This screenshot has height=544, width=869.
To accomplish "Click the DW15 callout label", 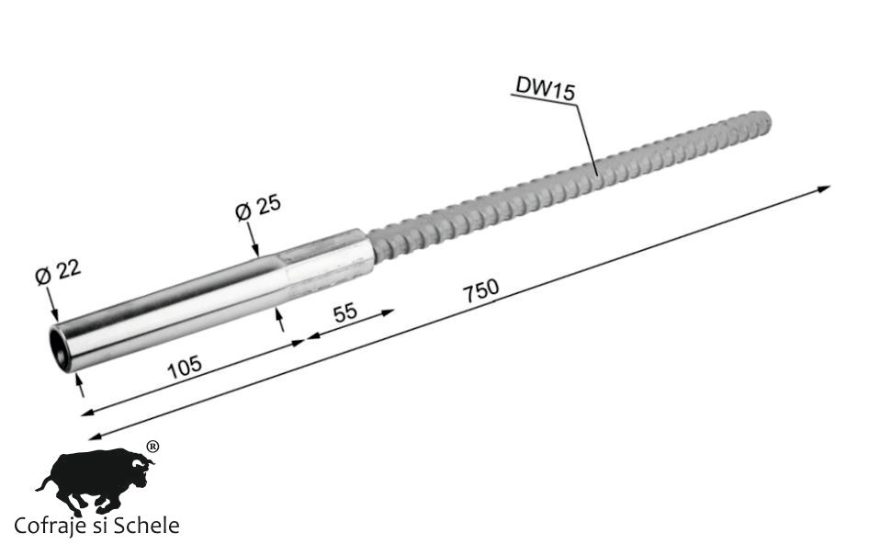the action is (x=546, y=88).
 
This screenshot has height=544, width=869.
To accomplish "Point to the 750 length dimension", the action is (x=481, y=290).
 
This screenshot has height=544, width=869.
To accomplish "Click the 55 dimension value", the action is (x=344, y=312).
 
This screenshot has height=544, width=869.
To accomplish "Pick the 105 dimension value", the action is (x=185, y=367).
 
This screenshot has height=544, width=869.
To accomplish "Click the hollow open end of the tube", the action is (x=60, y=348).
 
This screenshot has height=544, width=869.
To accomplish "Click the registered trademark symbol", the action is (x=152, y=447).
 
